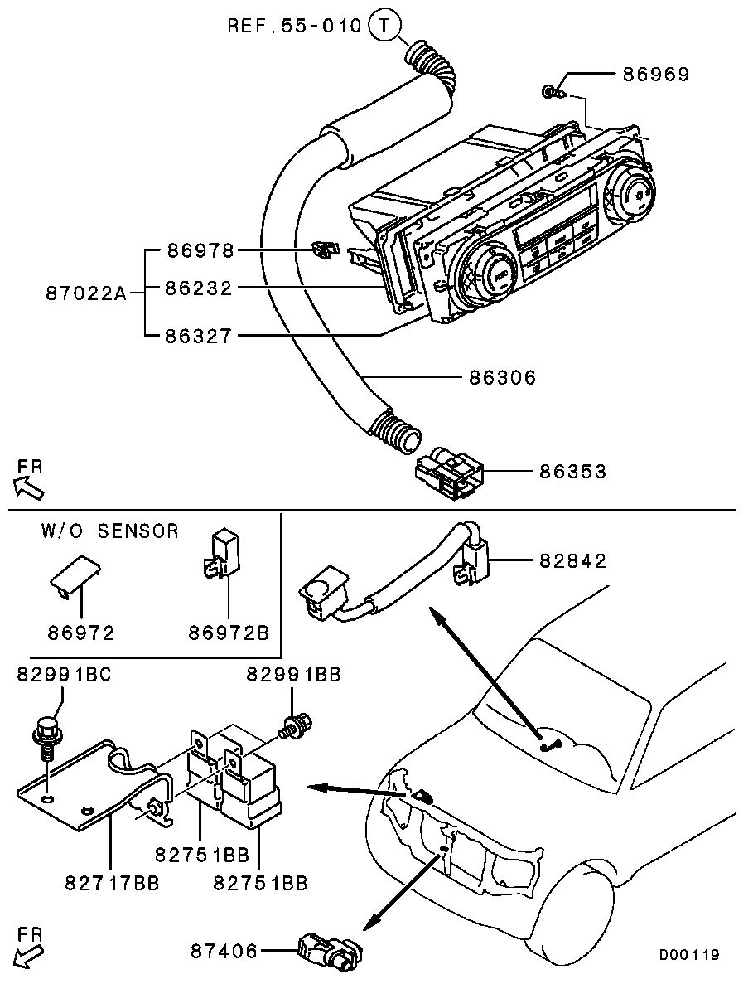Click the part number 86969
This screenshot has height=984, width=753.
click(655, 75)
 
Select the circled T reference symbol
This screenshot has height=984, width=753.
click(384, 26)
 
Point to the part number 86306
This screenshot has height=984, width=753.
click(502, 378)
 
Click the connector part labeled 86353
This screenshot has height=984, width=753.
click(448, 473)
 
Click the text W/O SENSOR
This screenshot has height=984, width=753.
click(109, 531)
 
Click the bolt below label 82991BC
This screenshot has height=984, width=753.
click(46, 737)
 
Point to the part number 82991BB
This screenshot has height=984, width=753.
click(293, 675)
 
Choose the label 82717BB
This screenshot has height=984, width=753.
click(111, 884)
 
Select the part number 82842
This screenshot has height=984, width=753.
click(572, 561)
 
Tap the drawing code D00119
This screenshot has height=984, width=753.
click(688, 955)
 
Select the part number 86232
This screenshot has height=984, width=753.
click(198, 288)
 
